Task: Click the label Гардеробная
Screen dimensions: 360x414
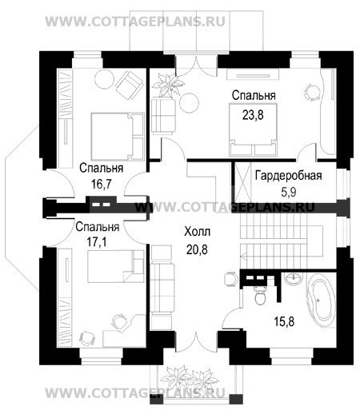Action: pos(288,176)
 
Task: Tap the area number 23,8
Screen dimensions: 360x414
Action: pos(253,115)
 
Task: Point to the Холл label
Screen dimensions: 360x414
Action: pos(197,232)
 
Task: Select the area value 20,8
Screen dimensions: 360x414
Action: pos(197,249)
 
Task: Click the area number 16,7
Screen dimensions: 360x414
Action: pos(101,184)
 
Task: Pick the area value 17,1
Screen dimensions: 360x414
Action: pos(97,242)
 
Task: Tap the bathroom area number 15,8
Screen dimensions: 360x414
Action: pos(284,321)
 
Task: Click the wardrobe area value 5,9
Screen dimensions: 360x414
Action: pos(289,192)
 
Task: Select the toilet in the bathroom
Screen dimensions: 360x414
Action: pos(259,296)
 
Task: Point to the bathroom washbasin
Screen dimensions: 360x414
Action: pos(294,279)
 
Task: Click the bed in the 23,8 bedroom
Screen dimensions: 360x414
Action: pos(253,129)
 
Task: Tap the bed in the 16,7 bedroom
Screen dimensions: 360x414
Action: pos(118,137)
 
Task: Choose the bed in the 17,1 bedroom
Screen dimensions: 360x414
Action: pos(116,266)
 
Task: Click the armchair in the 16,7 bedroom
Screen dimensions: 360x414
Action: pos(129,82)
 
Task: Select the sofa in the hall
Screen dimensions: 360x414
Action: pos(162,287)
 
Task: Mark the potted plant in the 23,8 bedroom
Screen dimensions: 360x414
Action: pos(168,86)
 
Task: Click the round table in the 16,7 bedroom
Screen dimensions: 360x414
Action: pos(104,79)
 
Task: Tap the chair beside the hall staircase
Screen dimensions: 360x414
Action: pos(230,279)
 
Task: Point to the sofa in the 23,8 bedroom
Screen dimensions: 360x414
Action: pos(163,114)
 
